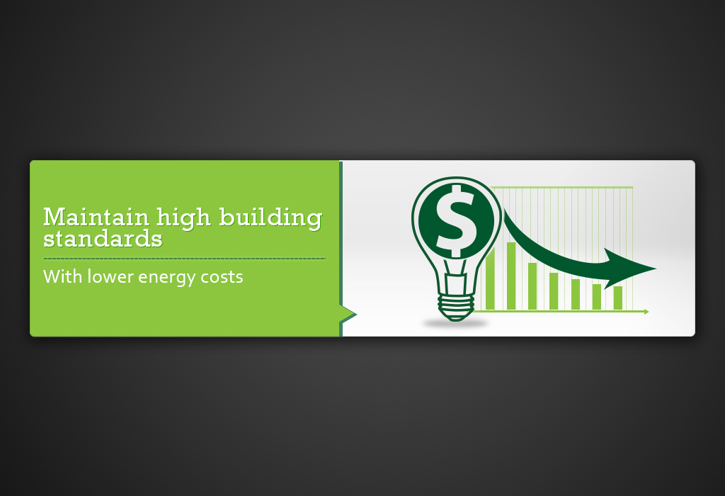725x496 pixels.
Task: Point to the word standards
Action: pos(103,238)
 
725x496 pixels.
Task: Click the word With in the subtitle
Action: pos(62,276)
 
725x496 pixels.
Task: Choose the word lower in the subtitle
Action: pos(110,276)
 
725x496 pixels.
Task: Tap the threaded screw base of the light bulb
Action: pos(456,306)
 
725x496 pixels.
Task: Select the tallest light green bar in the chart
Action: pos(510,276)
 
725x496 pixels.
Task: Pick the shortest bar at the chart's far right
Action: pos(618,298)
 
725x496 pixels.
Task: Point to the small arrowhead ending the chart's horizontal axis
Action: pos(646,311)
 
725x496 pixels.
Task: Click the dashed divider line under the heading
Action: pos(184,259)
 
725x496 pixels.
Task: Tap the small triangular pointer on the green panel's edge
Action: pos(348,313)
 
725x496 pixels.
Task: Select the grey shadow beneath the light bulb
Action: pos(456,324)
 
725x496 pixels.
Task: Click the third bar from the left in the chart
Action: pos(532,286)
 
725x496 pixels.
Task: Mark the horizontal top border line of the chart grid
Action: pos(566,187)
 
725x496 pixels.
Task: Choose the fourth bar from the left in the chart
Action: pos(554,291)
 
